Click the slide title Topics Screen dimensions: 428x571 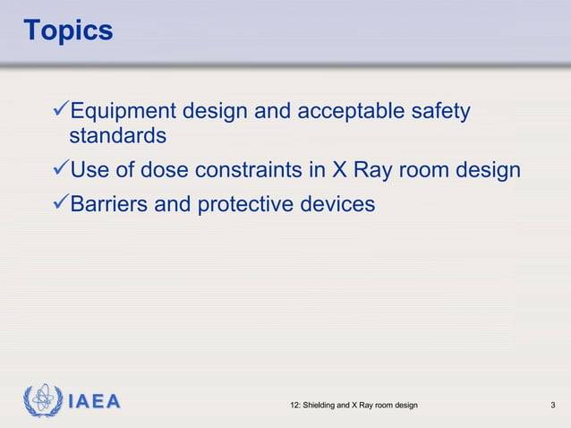pos(68,30)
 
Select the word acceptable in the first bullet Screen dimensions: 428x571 pos(347,113)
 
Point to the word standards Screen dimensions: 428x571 pos(117,137)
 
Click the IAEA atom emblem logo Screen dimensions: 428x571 pos(41,401)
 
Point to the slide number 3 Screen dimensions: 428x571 pos(554,407)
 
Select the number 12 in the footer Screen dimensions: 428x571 pos(296,407)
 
